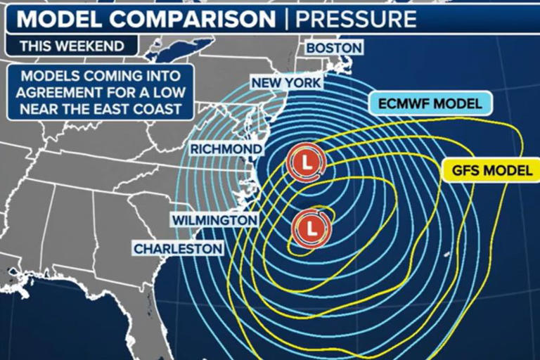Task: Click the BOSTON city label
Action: pyautogui.click(x=334, y=49)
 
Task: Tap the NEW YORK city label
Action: pyautogui.click(x=287, y=83)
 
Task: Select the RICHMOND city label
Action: pyautogui.click(x=226, y=149)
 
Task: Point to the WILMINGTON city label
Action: pyautogui.click(x=214, y=220)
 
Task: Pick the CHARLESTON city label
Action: pyautogui.click(x=178, y=248)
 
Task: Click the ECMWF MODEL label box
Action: pyautogui.click(x=430, y=104)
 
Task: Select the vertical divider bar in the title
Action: pyautogui.click(x=285, y=18)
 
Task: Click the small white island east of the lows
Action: pyautogui.click(x=447, y=254)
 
